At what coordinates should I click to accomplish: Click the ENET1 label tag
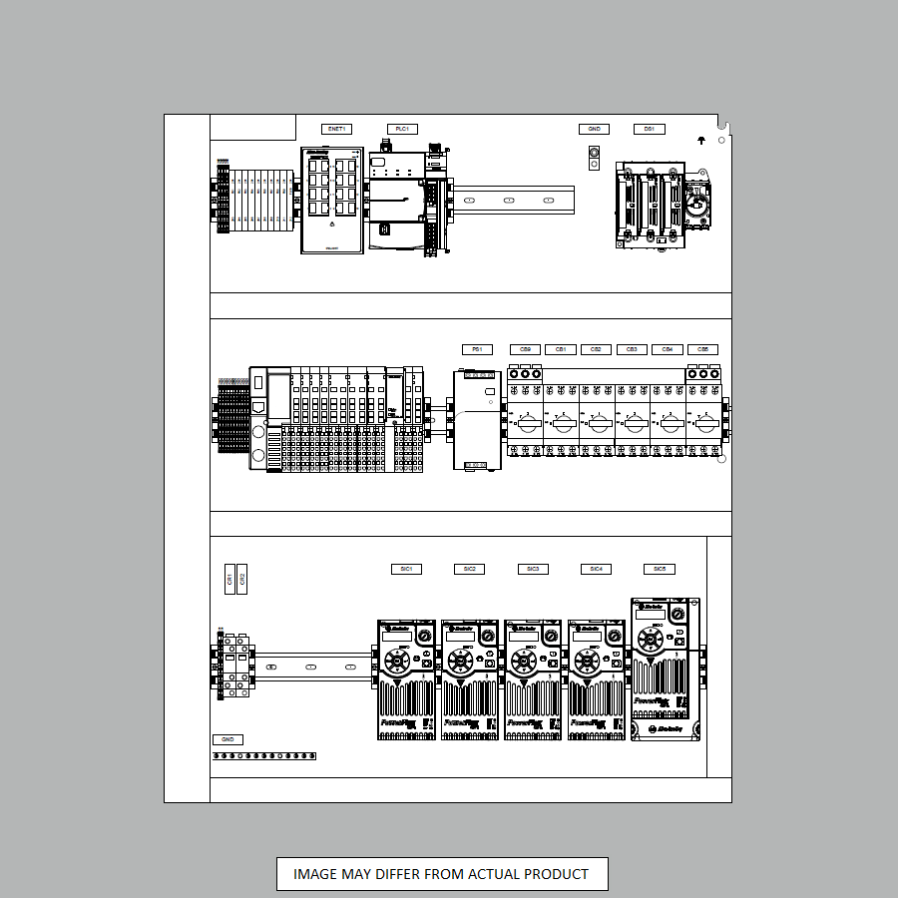click(336, 129)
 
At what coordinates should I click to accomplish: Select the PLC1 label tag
click(402, 129)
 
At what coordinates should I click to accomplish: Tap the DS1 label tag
click(649, 129)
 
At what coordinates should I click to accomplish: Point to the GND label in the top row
click(594, 129)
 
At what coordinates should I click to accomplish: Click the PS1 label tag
click(477, 349)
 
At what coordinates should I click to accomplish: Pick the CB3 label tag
click(631, 349)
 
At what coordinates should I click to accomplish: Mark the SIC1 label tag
click(406, 569)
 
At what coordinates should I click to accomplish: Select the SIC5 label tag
click(660, 569)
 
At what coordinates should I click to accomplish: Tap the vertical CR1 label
click(229, 579)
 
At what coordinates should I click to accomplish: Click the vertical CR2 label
click(242, 579)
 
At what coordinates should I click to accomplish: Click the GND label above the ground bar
click(227, 739)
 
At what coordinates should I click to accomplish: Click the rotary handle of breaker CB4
click(668, 423)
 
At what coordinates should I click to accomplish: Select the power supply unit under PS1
click(477, 419)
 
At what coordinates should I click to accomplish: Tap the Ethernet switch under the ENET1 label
click(332, 201)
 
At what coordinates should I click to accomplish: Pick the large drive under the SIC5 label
click(666, 670)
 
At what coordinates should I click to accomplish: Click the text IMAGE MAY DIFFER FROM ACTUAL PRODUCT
click(441, 874)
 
